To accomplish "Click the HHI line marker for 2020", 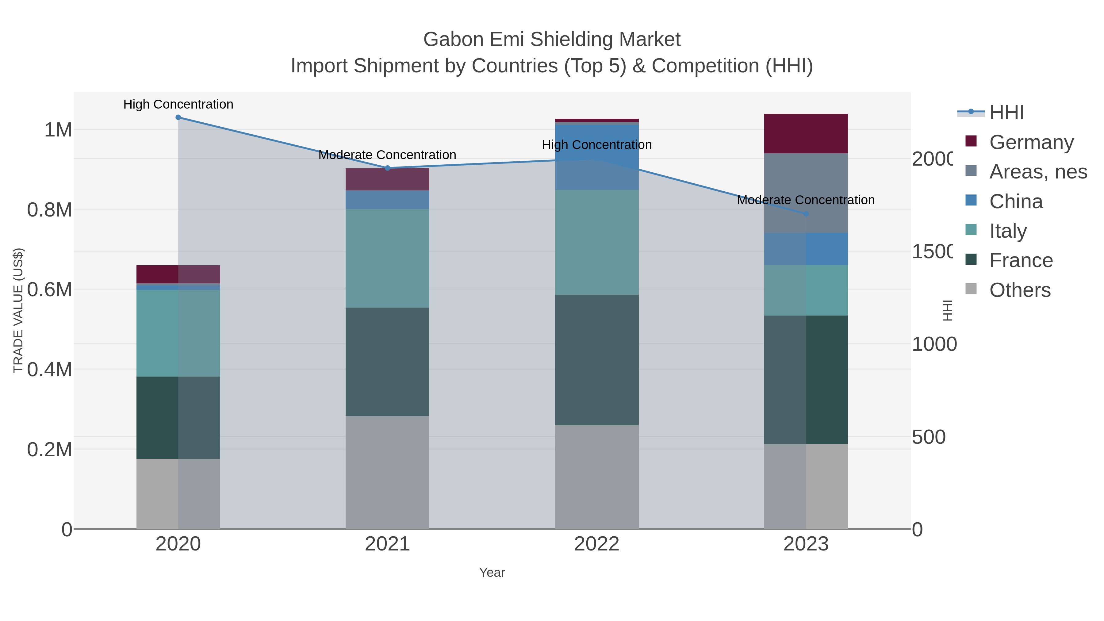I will pyautogui.click(x=178, y=117).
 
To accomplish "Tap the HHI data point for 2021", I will pyautogui.click(x=387, y=168).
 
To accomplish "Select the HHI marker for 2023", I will pyautogui.click(x=806, y=214).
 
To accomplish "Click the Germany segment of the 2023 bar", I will pyautogui.click(x=806, y=134).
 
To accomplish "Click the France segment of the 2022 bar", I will pyautogui.click(x=596, y=360).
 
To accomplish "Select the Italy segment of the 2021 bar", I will pyautogui.click(x=387, y=258).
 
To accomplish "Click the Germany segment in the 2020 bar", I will pyautogui.click(x=178, y=274).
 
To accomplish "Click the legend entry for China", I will pyautogui.click(x=1016, y=201).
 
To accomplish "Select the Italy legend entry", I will pyautogui.click(x=1008, y=231).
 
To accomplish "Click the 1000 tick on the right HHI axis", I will pyautogui.click(x=933, y=344).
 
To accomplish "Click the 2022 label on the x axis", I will pyautogui.click(x=596, y=544).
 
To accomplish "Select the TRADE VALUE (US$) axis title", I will pyautogui.click(x=18, y=310).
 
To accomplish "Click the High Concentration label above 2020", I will pyautogui.click(x=178, y=105).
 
